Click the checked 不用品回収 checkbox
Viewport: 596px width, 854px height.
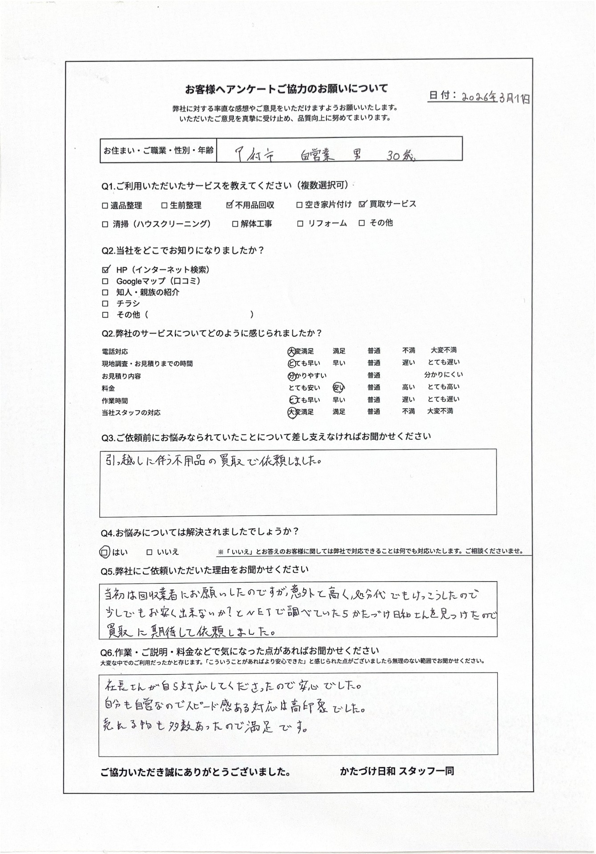tap(230, 205)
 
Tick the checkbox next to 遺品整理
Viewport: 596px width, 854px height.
tap(105, 205)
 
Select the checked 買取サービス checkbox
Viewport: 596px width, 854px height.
tap(363, 204)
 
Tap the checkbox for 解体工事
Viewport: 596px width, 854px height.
tap(235, 224)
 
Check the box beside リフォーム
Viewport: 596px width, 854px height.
tap(300, 224)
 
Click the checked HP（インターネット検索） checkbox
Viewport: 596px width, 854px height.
tap(105, 270)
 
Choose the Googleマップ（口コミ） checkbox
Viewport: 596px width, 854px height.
tap(105, 281)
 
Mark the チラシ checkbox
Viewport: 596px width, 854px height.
tap(105, 304)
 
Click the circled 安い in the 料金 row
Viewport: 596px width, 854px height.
tap(339, 388)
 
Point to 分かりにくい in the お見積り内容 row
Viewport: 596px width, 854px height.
tap(443, 375)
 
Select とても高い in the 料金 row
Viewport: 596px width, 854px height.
tap(443, 387)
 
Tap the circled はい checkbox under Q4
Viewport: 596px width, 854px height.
tap(104, 552)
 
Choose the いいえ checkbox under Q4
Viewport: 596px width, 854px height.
tap(150, 552)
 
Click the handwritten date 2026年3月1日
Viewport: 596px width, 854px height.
tap(495, 97)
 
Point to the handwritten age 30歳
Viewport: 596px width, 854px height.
tap(401, 156)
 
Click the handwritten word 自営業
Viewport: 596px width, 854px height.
tap(317, 156)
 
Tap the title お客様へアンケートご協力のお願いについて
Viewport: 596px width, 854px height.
tap(287, 89)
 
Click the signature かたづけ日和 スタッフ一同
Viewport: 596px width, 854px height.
tap(397, 771)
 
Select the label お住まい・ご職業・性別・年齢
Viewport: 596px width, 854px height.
tap(158, 150)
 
